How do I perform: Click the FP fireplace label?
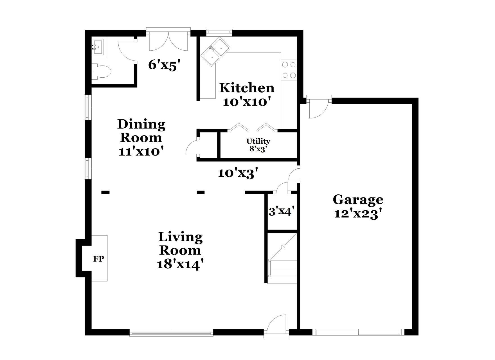tap(99, 259)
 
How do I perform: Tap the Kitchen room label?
tap(247, 88)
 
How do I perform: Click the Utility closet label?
tap(258, 141)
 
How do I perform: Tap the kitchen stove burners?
tap(289, 70)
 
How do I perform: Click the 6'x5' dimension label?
tap(164, 65)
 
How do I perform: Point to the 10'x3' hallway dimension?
tap(238, 173)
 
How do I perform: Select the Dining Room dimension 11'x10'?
tap(141, 152)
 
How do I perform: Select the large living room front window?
tap(171, 333)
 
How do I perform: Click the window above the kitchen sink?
tap(219, 32)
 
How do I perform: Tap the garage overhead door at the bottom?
tap(359, 332)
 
